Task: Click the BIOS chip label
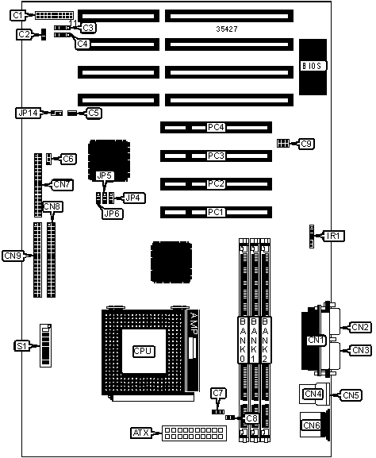pos(313,66)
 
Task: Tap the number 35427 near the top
pos(227,29)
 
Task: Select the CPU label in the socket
pos(143,351)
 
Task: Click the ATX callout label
pos(141,433)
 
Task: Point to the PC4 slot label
pos(216,127)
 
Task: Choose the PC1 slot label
pos(216,212)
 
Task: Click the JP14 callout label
pos(28,113)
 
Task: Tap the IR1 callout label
pos(333,236)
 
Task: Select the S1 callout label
pos(22,346)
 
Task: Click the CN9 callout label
pos(13,256)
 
